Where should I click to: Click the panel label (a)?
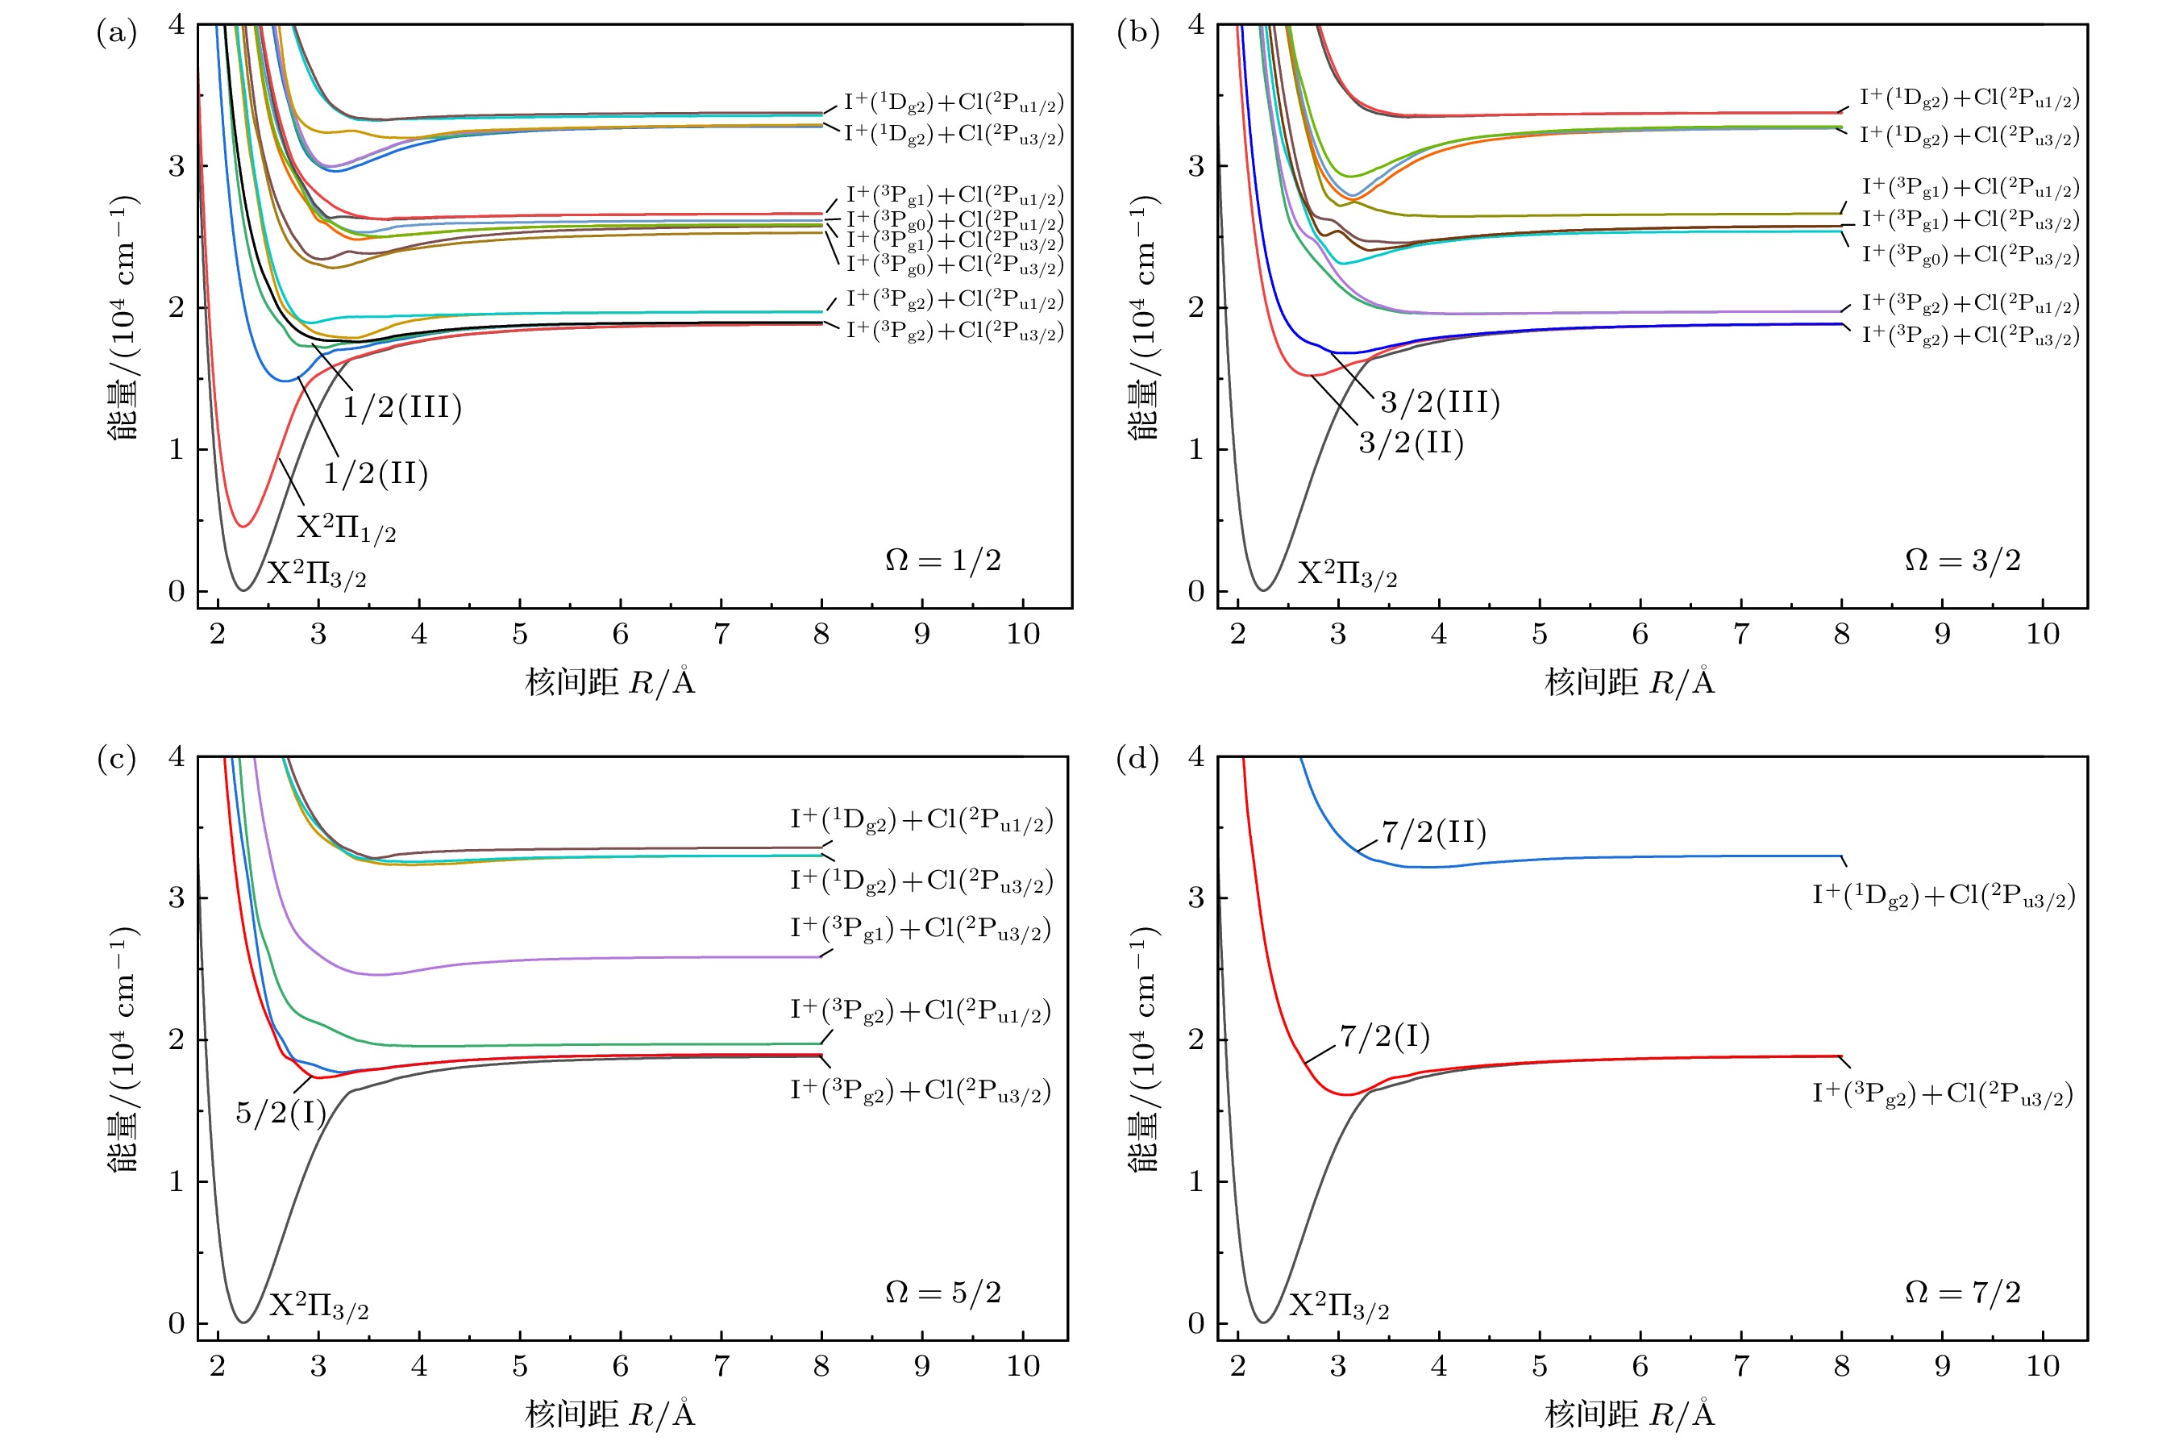[117, 34]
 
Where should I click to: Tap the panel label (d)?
[1137, 759]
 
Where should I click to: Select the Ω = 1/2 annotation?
[942, 560]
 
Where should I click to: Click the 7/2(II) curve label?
[1433, 833]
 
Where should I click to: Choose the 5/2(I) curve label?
[281, 1113]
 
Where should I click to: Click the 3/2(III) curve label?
[1440, 402]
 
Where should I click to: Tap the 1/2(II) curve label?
[376, 473]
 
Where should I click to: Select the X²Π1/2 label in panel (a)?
[347, 527]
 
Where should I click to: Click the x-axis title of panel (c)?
[610, 1414]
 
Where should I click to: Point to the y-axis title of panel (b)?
[1143, 316]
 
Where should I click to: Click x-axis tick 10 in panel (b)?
[2042, 634]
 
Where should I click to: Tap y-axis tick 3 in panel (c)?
[177, 898]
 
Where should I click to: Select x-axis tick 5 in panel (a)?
[520, 634]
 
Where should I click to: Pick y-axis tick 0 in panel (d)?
[1195, 1323]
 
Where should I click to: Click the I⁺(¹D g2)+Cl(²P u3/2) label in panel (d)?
[1943, 896]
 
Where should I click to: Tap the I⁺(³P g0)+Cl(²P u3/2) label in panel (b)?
[1969, 256]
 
